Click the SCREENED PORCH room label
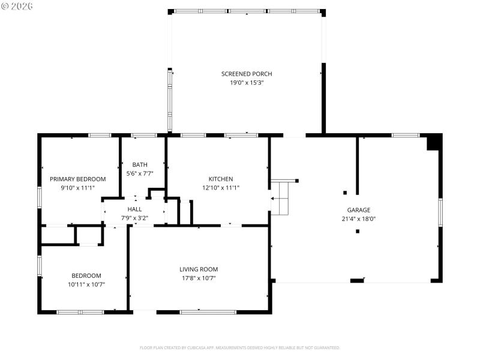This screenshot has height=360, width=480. click(247, 74)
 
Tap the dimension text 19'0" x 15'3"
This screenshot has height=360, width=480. click(247, 83)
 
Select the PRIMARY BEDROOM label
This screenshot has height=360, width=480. click(77, 179)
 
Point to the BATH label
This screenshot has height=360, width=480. click(140, 164)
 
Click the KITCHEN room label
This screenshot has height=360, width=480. click(221, 179)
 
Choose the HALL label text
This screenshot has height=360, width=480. click(134, 209)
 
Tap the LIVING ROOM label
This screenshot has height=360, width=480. click(199, 269)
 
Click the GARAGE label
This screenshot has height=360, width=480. click(359, 210)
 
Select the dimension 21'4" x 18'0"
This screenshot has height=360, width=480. click(359, 219)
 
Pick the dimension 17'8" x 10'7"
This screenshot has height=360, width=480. click(199, 278)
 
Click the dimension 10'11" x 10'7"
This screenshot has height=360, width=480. click(86, 284)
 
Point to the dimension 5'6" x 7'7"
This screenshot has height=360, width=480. click(140, 173)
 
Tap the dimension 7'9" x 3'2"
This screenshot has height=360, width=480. click(134, 218)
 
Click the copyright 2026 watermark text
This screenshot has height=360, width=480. click(17, 6)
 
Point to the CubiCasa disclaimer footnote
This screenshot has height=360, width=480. click(240, 347)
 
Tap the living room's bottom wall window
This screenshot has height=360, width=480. click(208, 312)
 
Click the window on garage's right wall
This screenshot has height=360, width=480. click(440, 212)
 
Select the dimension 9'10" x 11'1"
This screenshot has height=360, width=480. click(77, 188)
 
